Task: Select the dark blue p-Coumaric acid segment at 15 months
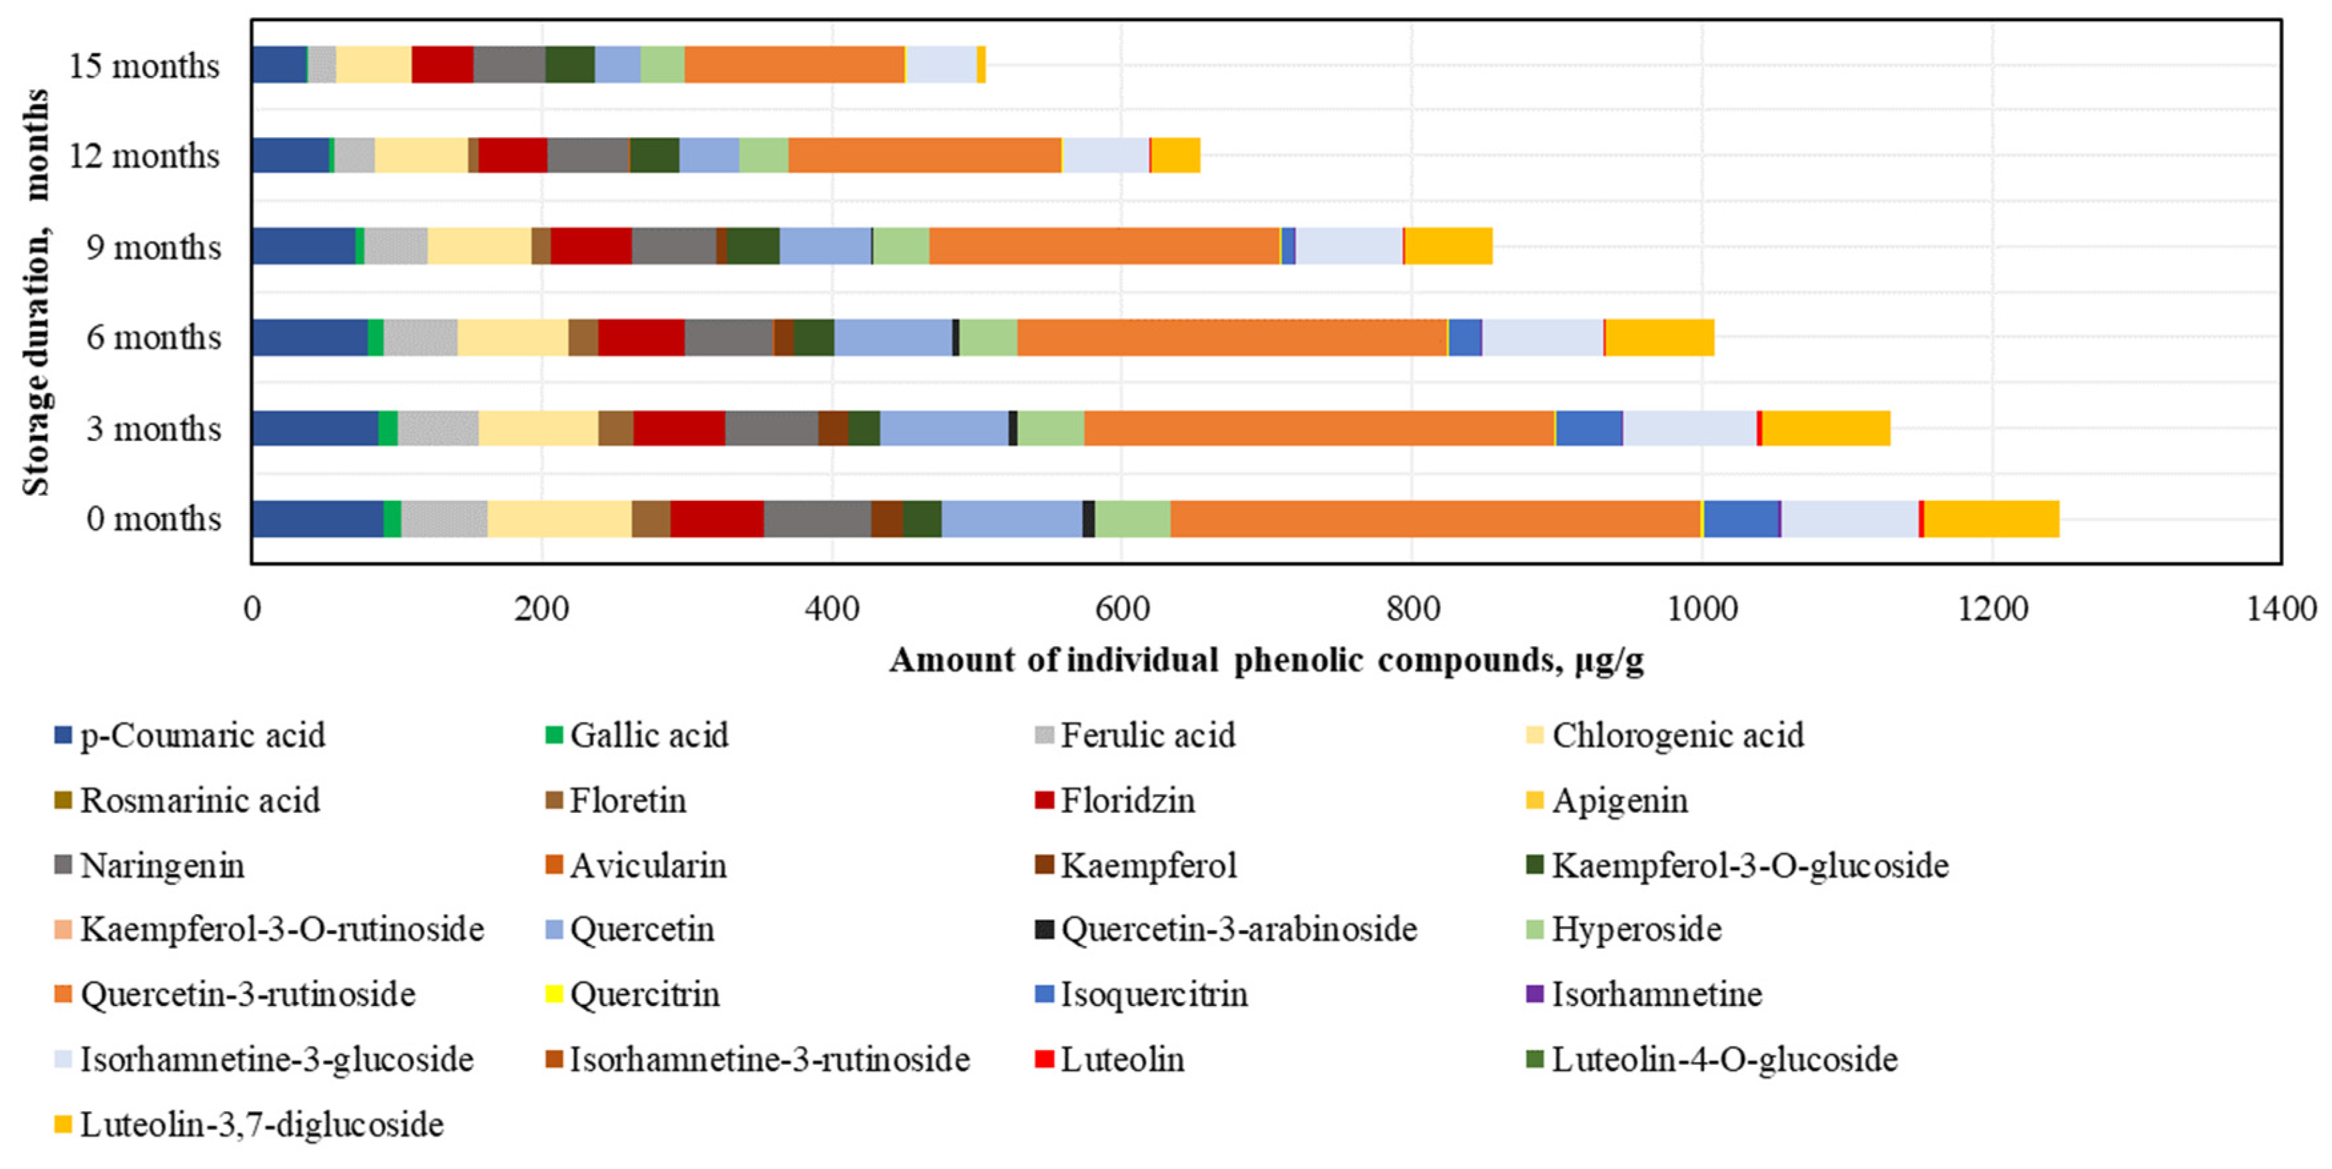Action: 279,65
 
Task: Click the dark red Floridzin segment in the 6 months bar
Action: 641,337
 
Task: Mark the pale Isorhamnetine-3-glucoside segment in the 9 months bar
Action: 1349,246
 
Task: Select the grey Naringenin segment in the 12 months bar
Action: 587,156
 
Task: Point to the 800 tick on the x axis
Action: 1412,608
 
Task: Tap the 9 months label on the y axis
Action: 153,246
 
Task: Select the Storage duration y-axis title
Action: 36,291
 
